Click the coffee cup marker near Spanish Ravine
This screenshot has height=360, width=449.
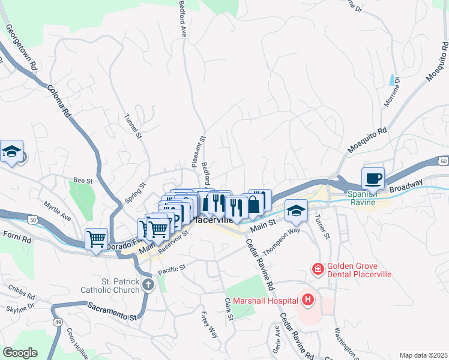point(373,179)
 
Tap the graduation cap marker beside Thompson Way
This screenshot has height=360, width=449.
point(295,211)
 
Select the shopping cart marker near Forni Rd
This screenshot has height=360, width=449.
point(96,239)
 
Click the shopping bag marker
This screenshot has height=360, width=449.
point(254,204)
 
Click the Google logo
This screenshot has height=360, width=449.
point(20,353)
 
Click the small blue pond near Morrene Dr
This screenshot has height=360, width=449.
point(393,79)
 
